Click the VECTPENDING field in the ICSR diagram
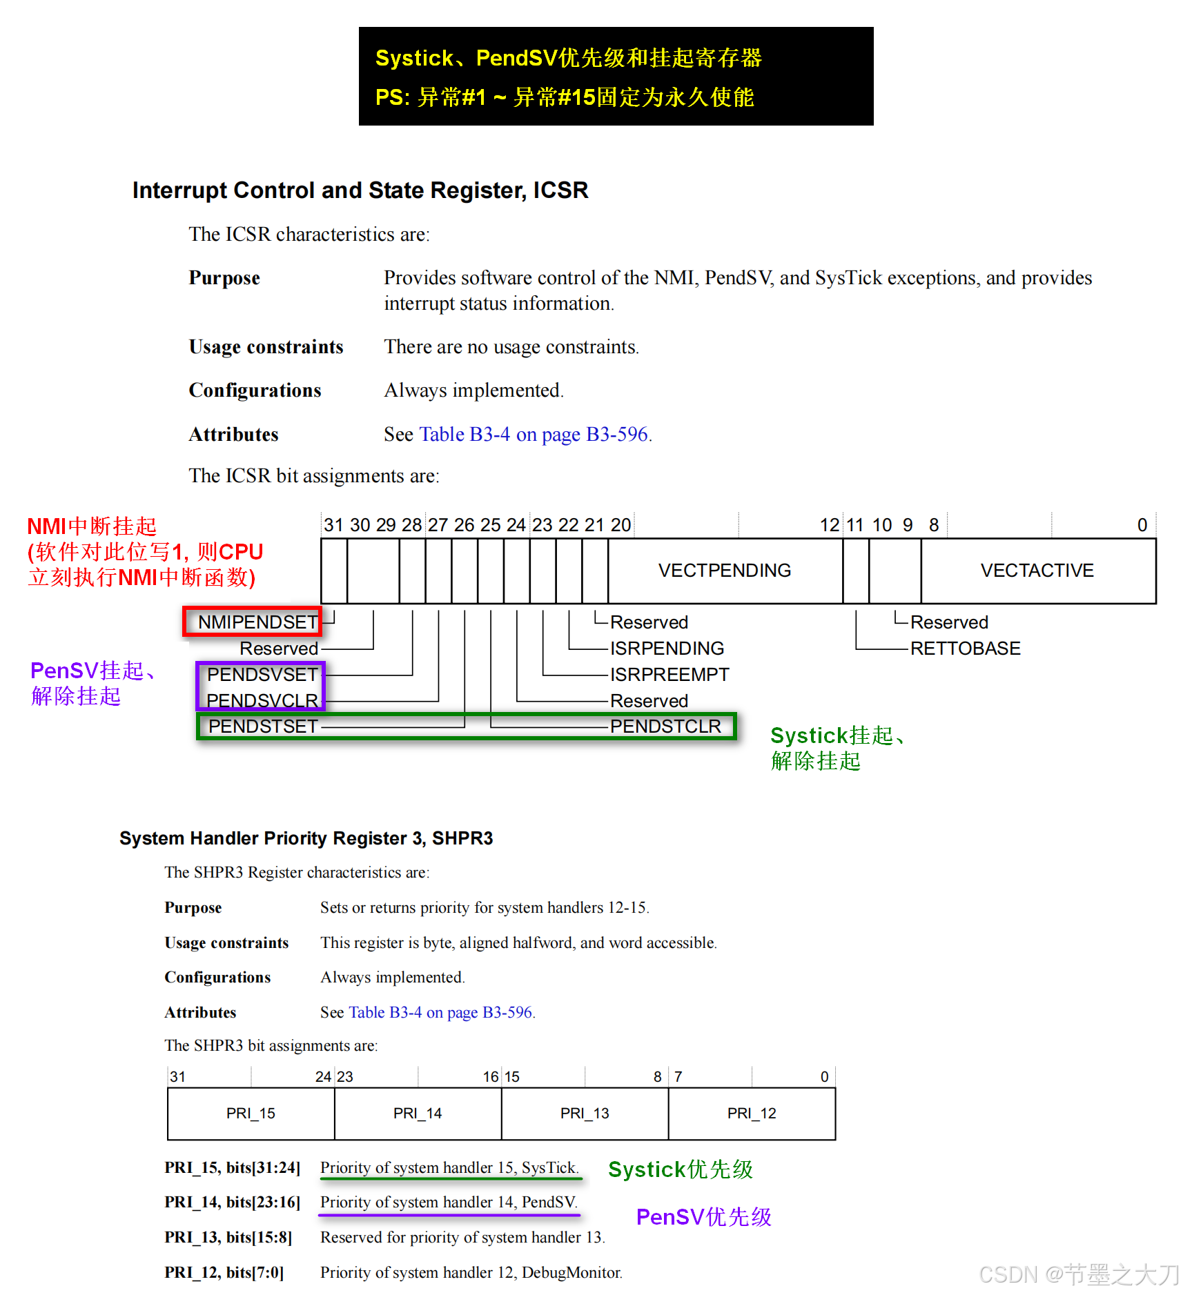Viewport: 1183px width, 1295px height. pyautogui.click(x=724, y=571)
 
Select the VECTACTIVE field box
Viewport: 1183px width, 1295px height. pyautogui.click(x=1037, y=571)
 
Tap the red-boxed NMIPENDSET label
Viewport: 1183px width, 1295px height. pyautogui.click(x=257, y=622)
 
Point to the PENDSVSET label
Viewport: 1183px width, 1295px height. pyautogui.click(x=262, y=675)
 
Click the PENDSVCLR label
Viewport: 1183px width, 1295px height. pyautogui.click(x=262, y=700)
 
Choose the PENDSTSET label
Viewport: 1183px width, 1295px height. pyautogui.click(x=263, y=726)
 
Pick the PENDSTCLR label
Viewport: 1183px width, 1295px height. pyautogui.click(x=665, y=726)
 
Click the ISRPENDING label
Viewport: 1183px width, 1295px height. pyautogui.click(x=667, y=649)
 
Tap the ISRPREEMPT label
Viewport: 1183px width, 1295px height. pyautogui.click(x=669, y=675)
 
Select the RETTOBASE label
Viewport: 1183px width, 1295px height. pyautogui.click(x=965, y=649)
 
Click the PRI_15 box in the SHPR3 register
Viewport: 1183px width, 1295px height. pyautogui.click(x=251, y=1114)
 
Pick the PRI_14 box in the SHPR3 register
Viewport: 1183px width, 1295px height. pyautogui.click(x=418, y=1114)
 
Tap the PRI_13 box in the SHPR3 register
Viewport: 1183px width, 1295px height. pyautogui.click(x=585, y=1114)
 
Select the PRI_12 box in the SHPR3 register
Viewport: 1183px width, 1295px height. pyautogui.click(x=752, y=1114)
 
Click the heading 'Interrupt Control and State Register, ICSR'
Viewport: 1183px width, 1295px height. pyautogui.click(x=360, y=190)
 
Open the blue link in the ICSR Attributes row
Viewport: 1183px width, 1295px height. pyautogui.click(x=534, y=435)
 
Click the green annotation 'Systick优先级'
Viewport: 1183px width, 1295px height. pyautogui.click(x=680, y=1169)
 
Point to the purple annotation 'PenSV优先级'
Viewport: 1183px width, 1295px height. pyautogui.click(x=703, y=1217)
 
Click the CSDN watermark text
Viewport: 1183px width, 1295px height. pyautogui.click(x=1079, y=1274)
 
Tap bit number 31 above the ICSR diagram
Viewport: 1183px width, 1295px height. pyautogui.click(x=333, y=525)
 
